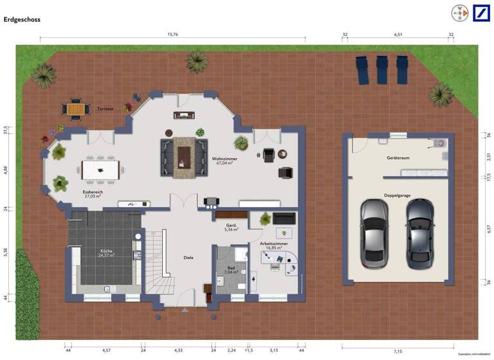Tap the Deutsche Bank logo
(x=482, y=12)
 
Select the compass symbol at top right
(x=459, y=12)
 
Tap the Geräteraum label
(x=397, y=157)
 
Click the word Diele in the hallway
(x=188, y=257)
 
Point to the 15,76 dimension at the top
(x=172, y=35)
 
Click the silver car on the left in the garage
(x=374, y=233)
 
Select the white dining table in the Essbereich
(x=102, y=170)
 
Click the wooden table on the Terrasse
(x=75, y=110)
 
